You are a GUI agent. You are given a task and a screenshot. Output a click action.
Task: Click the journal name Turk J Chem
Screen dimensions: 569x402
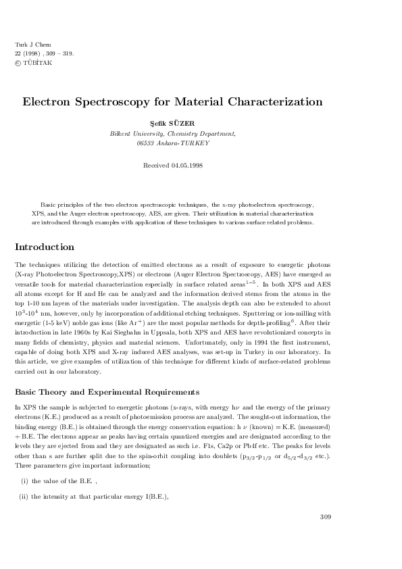point(28,44)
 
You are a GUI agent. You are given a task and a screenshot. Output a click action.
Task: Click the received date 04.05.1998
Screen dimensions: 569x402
point(186,165)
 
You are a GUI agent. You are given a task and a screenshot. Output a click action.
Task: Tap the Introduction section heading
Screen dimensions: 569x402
point(45,247)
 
